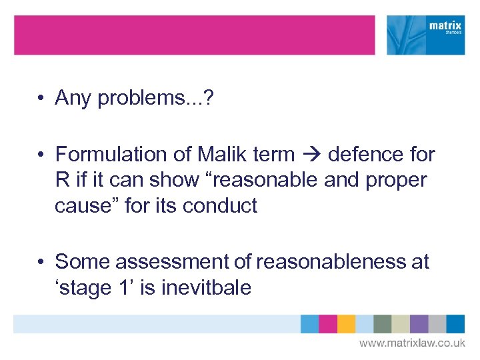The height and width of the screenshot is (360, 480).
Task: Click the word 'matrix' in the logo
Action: tap(445, 27)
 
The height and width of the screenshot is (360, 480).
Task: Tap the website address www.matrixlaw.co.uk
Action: tap(412, 343)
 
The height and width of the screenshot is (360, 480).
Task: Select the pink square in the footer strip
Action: tap(328, 324)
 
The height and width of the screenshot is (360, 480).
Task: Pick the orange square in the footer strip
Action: tap(346, 324)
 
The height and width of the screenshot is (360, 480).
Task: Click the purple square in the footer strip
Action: tap(419, 324)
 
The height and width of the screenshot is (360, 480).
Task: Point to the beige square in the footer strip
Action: tap(401, 324)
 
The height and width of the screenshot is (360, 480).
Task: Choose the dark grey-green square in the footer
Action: tap(383, 324)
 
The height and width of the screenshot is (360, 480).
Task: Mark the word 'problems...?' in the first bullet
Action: tap(153, 99)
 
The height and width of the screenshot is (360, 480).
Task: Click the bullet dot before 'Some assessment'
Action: tap(41, 262)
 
